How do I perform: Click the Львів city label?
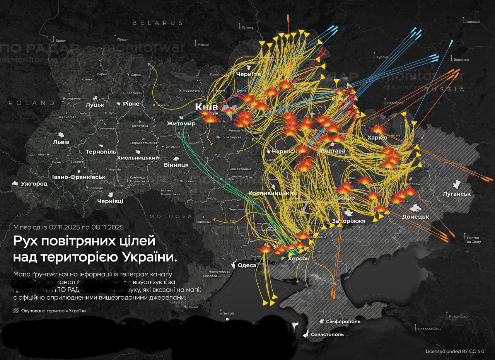(x=61, y=142)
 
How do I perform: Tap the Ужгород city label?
(x=34, y=184)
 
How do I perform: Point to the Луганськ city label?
(x=457, y=194)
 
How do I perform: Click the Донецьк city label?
(x=415, y=217)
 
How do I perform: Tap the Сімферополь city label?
(x=343, y=321)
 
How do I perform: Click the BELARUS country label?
(x=158, y=23)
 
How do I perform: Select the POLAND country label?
(x=32, y=103)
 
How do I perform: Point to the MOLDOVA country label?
(x=171, y=216)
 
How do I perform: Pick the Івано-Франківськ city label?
(x=79, y=177)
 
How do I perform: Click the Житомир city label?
(x=181, y=124)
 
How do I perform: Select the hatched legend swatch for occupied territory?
(x=16, y=311)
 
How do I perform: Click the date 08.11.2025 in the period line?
(x=105, y=227)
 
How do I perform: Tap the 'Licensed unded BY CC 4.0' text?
(x=455, y=351)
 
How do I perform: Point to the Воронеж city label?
(x=461, y=60)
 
